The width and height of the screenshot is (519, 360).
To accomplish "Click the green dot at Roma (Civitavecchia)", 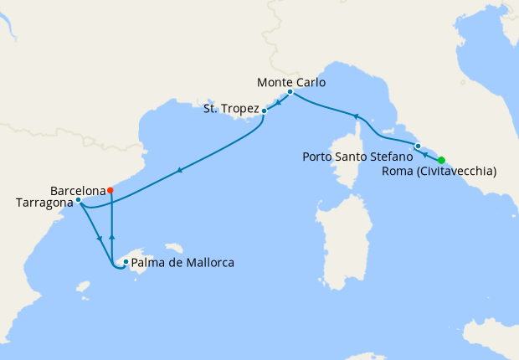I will [x=441, y=161].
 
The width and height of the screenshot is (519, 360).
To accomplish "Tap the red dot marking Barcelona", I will [x=110, y=190].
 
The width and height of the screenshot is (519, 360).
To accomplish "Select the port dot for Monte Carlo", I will [x=290, y=92].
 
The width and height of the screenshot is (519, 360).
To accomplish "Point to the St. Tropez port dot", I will [x=265, y=110].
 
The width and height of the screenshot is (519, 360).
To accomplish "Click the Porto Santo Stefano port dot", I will [x=418, y=147].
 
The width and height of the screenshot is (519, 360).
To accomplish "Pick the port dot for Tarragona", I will [x=78, y=200].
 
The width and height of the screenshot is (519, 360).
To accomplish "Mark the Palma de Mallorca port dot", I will [x=126, y=262].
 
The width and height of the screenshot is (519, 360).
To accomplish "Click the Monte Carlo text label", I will [x=291, y=82].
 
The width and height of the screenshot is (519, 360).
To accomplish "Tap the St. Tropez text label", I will [x=231, y=109].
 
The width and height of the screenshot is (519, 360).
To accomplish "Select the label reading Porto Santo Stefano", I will [x=357, y=156].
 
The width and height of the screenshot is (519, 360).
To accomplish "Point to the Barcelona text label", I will [x=77, y=190].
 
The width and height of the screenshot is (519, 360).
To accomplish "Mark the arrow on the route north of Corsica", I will [x=355, y=116].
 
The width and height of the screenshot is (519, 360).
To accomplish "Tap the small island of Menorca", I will [x=174, y=248].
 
